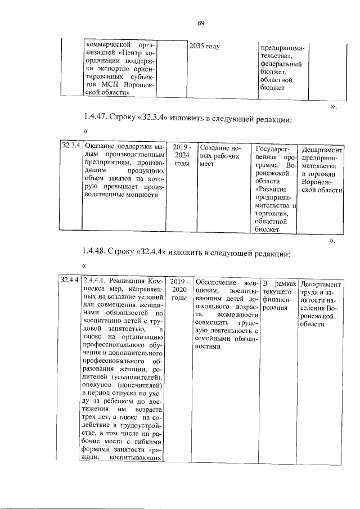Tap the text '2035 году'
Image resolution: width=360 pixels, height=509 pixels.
pyautogui.click(x=204, y=46)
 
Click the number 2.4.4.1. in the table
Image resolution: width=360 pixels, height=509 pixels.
pyautogui.click(x=95, y=281)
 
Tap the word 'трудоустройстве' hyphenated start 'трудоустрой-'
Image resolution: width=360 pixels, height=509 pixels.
pyautogui.click(x=141, y=429)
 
